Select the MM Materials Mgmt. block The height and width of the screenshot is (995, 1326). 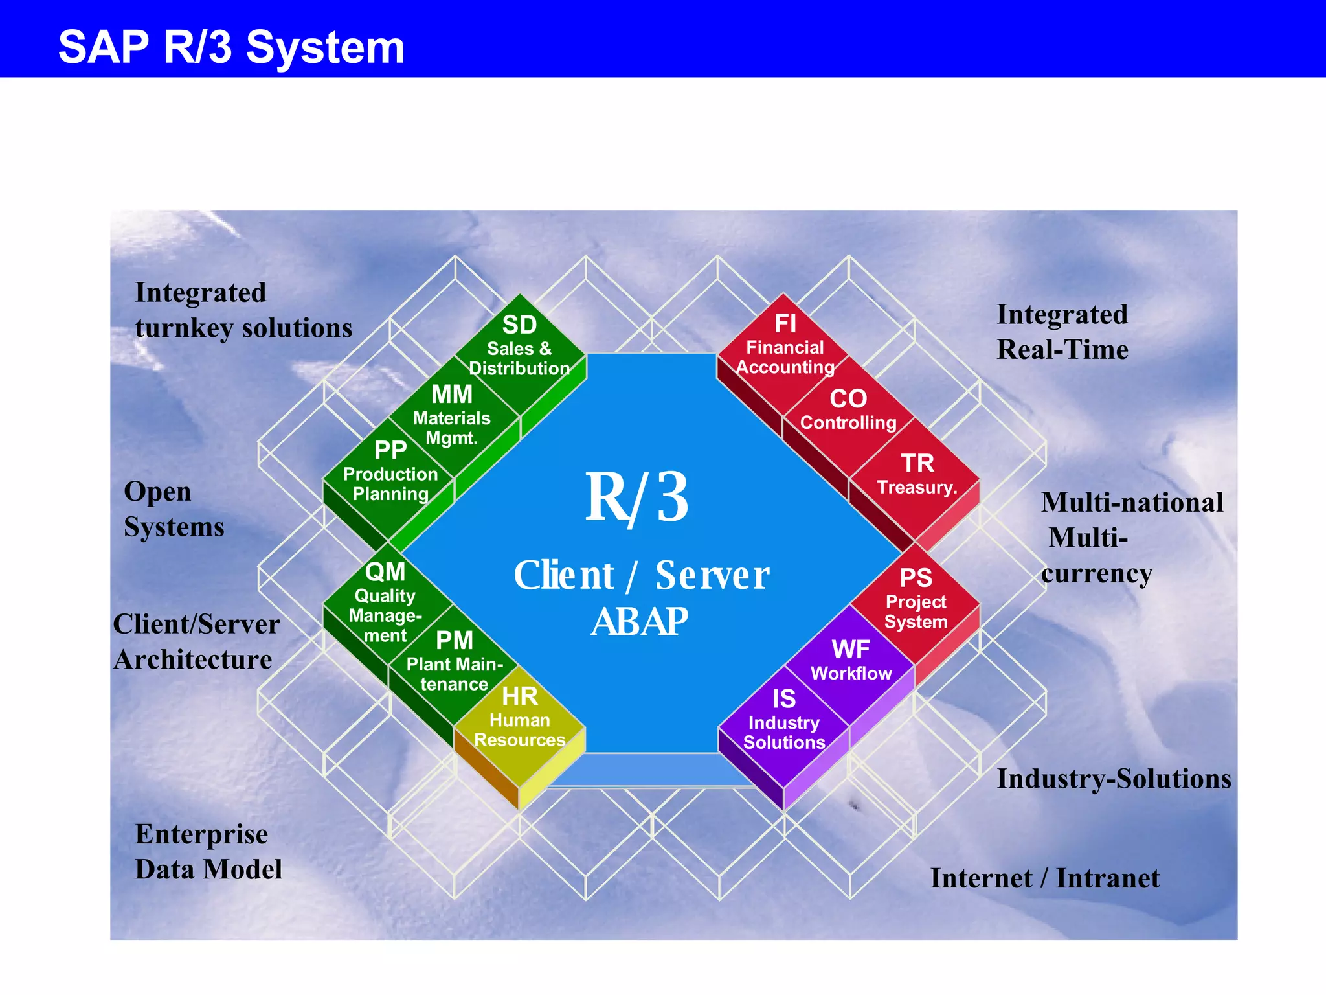[453, 415]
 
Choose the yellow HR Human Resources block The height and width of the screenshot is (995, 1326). [520, 719]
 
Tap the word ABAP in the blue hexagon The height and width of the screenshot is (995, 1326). [639, 622]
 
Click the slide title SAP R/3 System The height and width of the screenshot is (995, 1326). [231, 47]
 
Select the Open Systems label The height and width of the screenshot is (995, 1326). [174, 509]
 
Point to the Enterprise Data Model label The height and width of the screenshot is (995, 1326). [208, 852]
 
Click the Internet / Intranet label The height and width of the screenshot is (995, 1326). [1044, 878]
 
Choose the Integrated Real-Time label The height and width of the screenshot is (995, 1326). [1062, 332]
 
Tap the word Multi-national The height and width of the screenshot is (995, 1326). [1131, 503]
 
